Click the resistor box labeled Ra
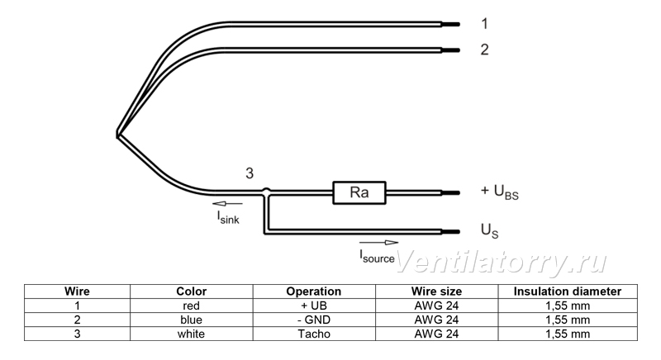tap(359, 193)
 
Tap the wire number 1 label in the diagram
tap(485, 24)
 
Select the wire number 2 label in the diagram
tap(485, 50)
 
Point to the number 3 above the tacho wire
tap(250, 173)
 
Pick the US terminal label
tap(489, 230)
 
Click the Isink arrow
tap(228, 204)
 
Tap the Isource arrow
tap(379, 243)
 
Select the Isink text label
tap(228, 217)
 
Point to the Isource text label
tap(377, 257)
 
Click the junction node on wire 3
tap(266, 192)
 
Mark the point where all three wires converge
tap(117, 135)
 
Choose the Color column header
tap(192, 291)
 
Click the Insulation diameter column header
tap(568, 291)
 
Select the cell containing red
tap(192, 306)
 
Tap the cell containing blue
tap(192, 320)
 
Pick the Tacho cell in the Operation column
tap(314, 334)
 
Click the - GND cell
tap(314, 320)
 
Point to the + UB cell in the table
tap(314, 306)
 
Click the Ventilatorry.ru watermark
tap(502, 262)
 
